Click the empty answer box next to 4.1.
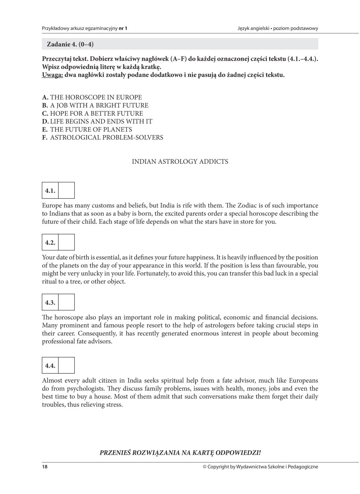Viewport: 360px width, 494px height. point(66,191)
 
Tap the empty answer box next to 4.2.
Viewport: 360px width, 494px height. point(66,242)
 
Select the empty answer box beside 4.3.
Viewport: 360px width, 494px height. point(66,302)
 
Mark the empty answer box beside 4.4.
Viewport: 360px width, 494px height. point(66,365)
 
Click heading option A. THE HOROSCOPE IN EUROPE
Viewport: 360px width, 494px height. point(92,97)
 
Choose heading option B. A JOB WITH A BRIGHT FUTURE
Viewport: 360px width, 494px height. point(95,105)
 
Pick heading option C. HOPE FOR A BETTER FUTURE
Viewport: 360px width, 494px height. point(92,113)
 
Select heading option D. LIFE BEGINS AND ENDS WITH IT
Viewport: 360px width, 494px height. point(97,122)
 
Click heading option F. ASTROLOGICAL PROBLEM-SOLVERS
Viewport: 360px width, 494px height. point(103,138)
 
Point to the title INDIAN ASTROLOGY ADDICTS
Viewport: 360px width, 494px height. point(180,162)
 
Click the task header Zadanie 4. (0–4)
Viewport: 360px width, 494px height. point(70,44)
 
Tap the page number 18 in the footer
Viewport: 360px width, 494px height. point(45,467)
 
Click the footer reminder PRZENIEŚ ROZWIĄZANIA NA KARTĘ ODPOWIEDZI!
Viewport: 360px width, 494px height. point(180,453)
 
